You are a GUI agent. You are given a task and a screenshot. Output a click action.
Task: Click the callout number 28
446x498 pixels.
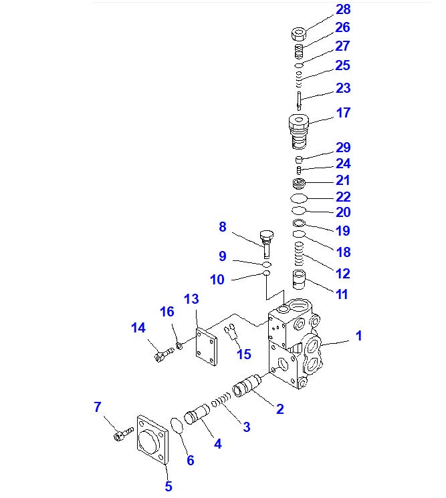click(343, 10)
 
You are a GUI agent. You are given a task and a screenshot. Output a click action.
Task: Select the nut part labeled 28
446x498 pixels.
click(300, 33)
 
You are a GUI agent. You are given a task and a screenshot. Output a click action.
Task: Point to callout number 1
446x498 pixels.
click(358, 336)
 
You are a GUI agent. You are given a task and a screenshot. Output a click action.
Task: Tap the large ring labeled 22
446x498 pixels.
click(299, 198)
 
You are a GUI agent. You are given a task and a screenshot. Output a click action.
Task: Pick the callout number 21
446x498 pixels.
click(343, 180)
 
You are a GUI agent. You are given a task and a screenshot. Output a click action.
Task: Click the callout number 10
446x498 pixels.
click(217, 280)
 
